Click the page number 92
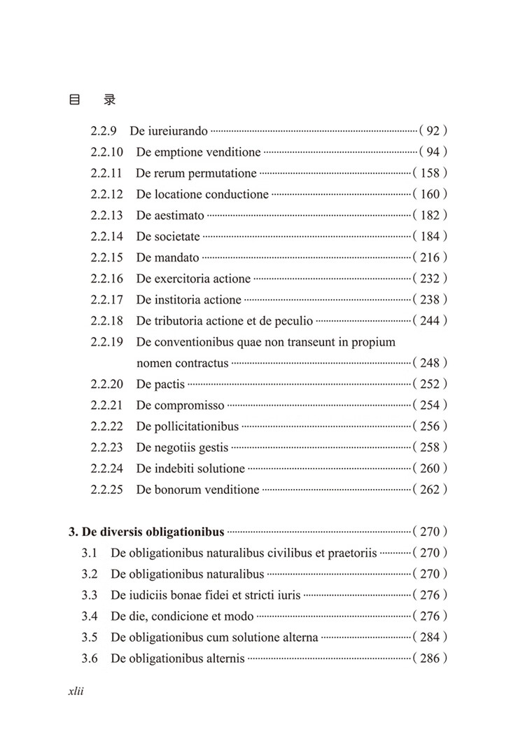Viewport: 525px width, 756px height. (x=433, y=131)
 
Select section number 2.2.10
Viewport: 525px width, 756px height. (x=106, y=152)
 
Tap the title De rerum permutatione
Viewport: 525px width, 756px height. (x=196, y=173)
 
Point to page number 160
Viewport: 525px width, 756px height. (x=430, y=194)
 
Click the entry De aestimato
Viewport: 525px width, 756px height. (x=170, y=215)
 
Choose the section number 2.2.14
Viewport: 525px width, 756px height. (x=106, y=236)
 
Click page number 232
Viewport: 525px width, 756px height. (x=430, y=278)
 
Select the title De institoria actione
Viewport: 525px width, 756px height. (x=188, y=300)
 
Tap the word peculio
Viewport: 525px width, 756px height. (x=292, y=321)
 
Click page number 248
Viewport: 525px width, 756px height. (x=430, y=363)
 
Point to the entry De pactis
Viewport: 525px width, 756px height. (x=160, y=384)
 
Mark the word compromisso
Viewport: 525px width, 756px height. (x=190, y=405)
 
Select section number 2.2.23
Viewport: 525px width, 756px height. (x=106, y=447)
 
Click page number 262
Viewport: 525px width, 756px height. (x=430, y=489)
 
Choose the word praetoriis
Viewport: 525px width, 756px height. (x=353, y=553)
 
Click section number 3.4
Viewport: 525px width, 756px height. (x=89, y=617)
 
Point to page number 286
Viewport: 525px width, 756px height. (x=430, y=659)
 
